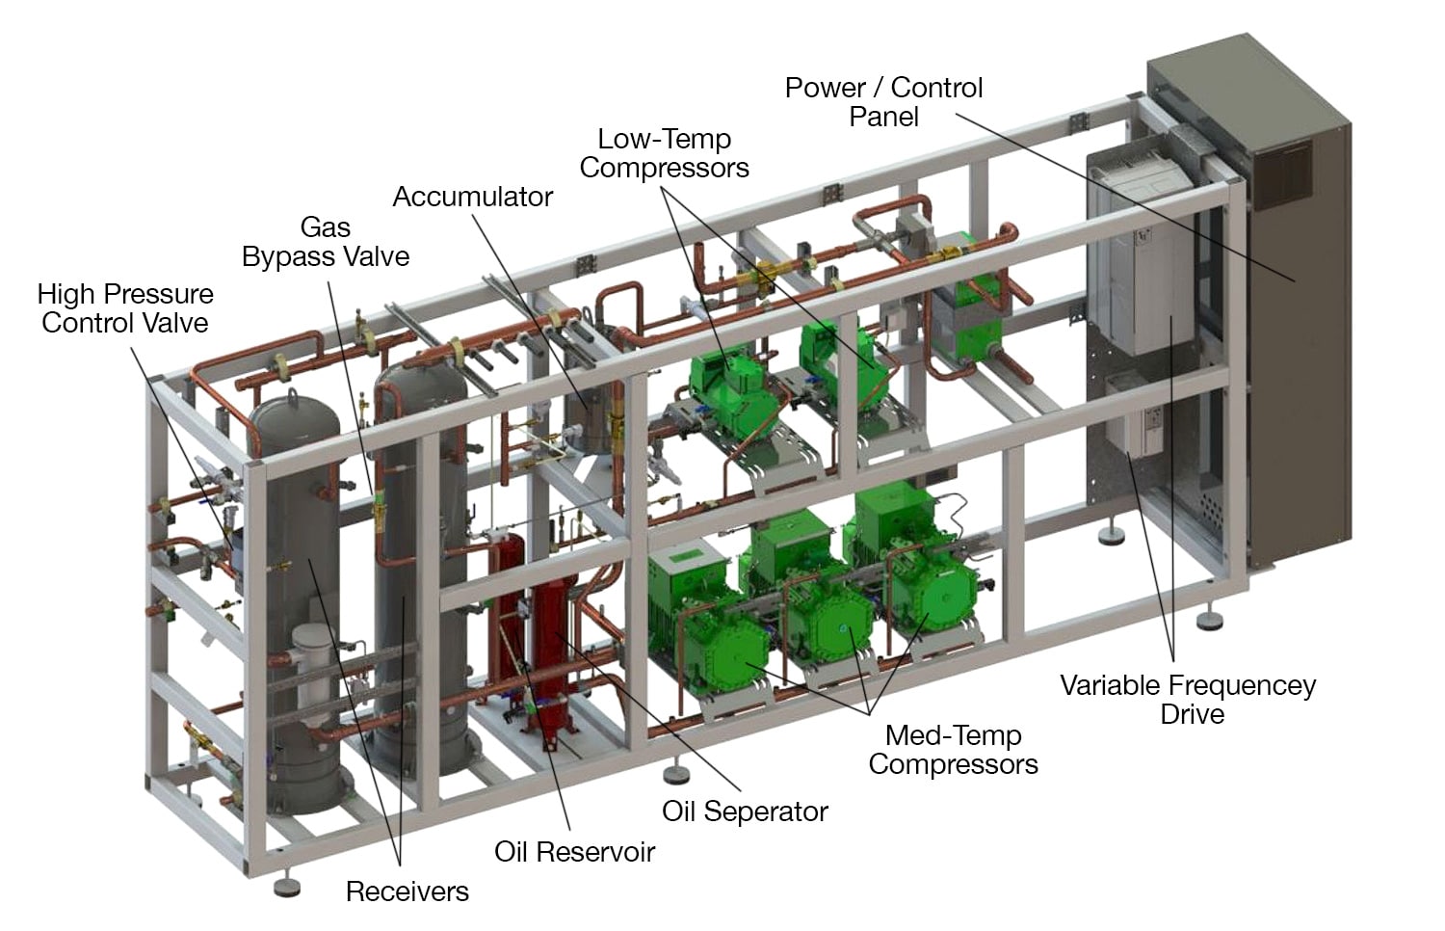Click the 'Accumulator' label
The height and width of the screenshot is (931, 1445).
pyautogui.click(x=472, y=197)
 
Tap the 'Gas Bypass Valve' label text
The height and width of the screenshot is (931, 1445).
pyautogui.click(x=326, y=242)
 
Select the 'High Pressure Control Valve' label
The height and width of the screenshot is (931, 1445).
pyautogui.click(x=125, y=308)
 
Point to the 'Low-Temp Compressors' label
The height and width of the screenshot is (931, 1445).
pyautogui.click(x=664, y=153)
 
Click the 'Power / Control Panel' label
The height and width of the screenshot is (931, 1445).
pyautogui.click(x=883, y=102)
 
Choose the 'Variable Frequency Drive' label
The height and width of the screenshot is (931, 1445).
pyautogui.click(x=1188, y=700)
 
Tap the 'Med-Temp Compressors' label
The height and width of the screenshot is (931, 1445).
pyautogui.click(x=953, y=750)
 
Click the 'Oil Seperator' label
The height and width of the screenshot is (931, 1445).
pyautogui.click(x=745, y=811)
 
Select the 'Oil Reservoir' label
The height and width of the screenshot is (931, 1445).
pyautogui.click(x=574, y=852)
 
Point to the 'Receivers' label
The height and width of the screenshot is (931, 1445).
pyautogui.click(x=407, y=891)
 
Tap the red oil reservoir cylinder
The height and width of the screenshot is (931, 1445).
pyautogui.click(x=553, y=655)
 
